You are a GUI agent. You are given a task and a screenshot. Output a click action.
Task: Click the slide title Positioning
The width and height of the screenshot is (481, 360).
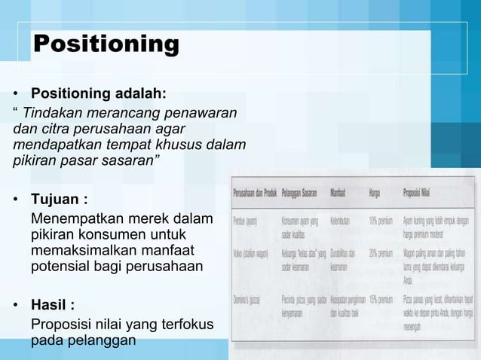coord(106,44)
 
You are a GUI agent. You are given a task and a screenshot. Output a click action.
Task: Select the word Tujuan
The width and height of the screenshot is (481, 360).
coord(56,201)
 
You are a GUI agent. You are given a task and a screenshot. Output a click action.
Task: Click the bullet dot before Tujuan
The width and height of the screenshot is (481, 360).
coord(16,202)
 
